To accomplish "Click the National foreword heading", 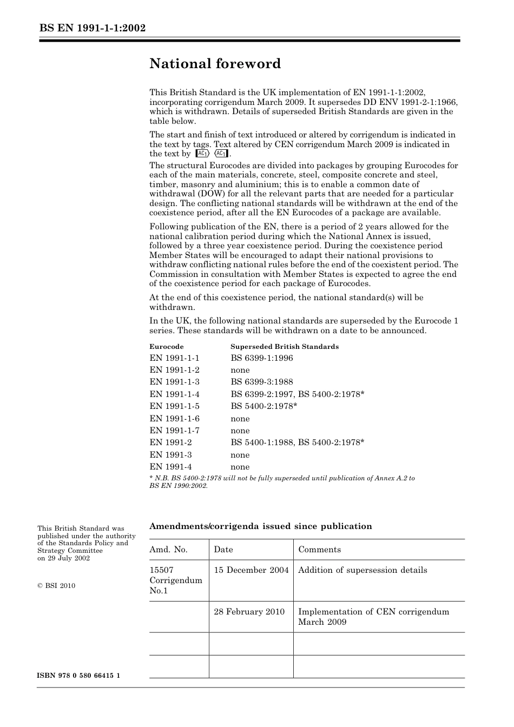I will click(x=215, y=64).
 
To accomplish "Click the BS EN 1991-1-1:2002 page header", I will click(x=93, y=28).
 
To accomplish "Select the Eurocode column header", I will click(x=166, y=347).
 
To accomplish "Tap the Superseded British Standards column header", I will click(x=284, y=347).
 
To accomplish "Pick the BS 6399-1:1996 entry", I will click(x=261, y=358).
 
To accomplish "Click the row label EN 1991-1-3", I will click(x=174, y=382).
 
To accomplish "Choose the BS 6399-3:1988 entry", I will click(x=261, y=382).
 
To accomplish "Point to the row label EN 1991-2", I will click(x=170, y=442).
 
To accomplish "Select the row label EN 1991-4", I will click(x=170, y=467).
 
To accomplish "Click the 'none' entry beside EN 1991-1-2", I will click(x=240, y=370).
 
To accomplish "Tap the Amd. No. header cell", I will click(x=168, y=550).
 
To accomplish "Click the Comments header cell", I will click(x=319, y=550).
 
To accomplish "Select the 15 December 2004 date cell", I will click(x=251, y=570).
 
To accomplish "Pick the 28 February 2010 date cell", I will click(x=249, y=612).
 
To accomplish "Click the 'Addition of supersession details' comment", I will click(x=363, y=570).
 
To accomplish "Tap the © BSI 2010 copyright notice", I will click(x=56, y=586).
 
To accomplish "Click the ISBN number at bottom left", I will click(x=78, y=676).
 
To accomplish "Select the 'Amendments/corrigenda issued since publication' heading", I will click(x=261, y=526).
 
